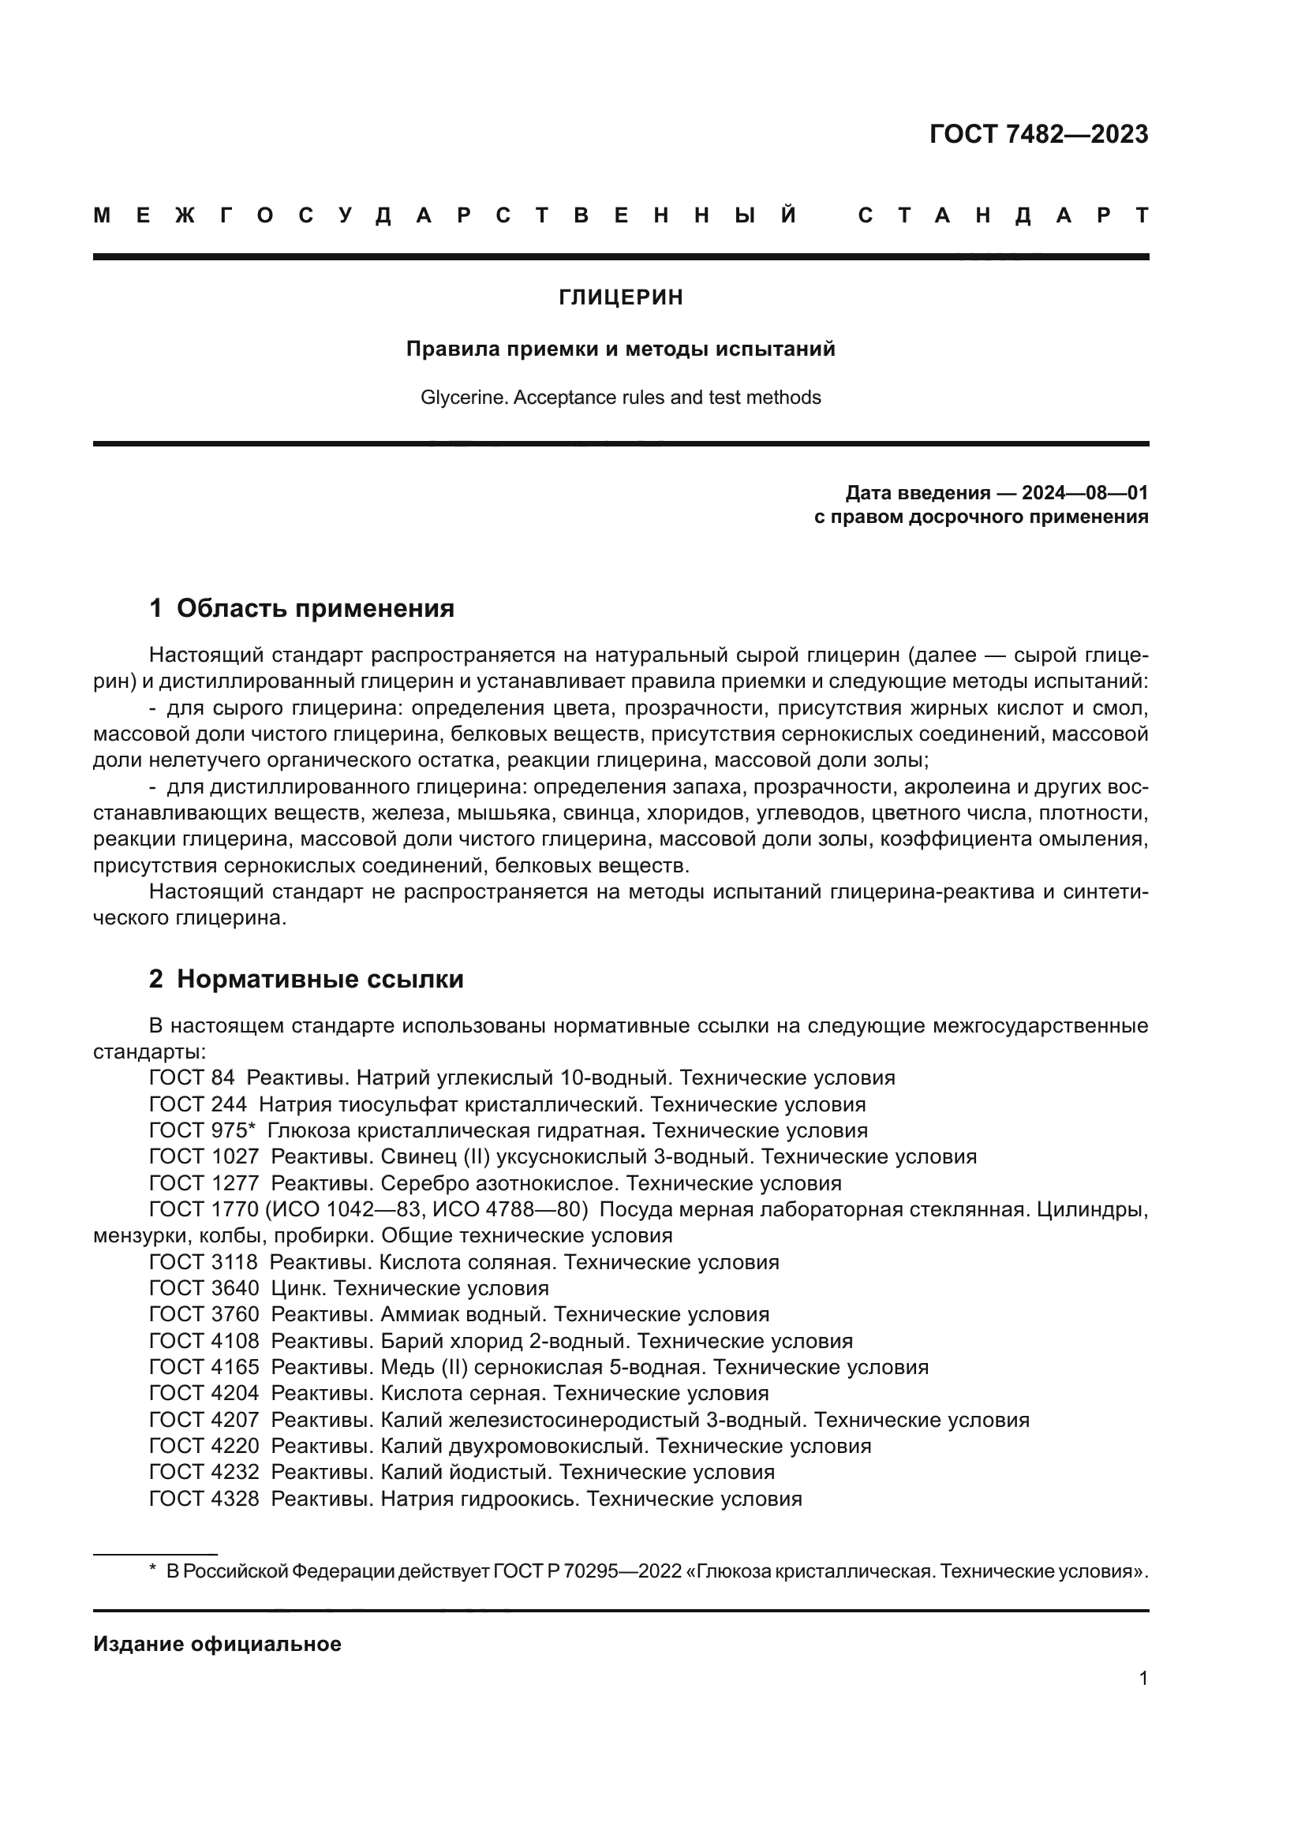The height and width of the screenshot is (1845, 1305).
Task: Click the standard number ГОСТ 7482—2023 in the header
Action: [1038, 134]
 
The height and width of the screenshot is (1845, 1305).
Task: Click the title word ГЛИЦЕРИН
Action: [620, 297]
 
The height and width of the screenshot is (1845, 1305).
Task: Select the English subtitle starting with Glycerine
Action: [620, 398]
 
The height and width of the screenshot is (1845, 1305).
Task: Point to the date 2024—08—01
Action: [1085, 492]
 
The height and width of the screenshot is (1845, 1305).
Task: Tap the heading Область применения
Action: [315, 608]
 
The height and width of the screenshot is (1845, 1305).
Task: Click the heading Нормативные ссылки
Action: [320, 979]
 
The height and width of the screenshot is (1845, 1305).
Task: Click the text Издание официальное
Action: [217, 1644]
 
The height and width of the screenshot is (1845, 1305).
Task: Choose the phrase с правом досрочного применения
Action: [981, 517]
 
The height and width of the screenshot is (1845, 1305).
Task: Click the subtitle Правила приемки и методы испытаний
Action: [620, 349]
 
